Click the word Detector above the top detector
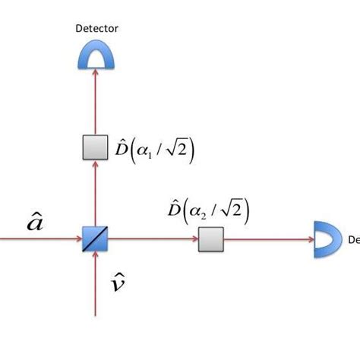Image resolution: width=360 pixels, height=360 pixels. click(97, 28)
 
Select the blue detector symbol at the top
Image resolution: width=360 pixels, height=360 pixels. click(96, 53)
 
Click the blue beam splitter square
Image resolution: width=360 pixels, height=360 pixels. click(96, 240)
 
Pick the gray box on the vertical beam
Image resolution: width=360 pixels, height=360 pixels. click(96, 147)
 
